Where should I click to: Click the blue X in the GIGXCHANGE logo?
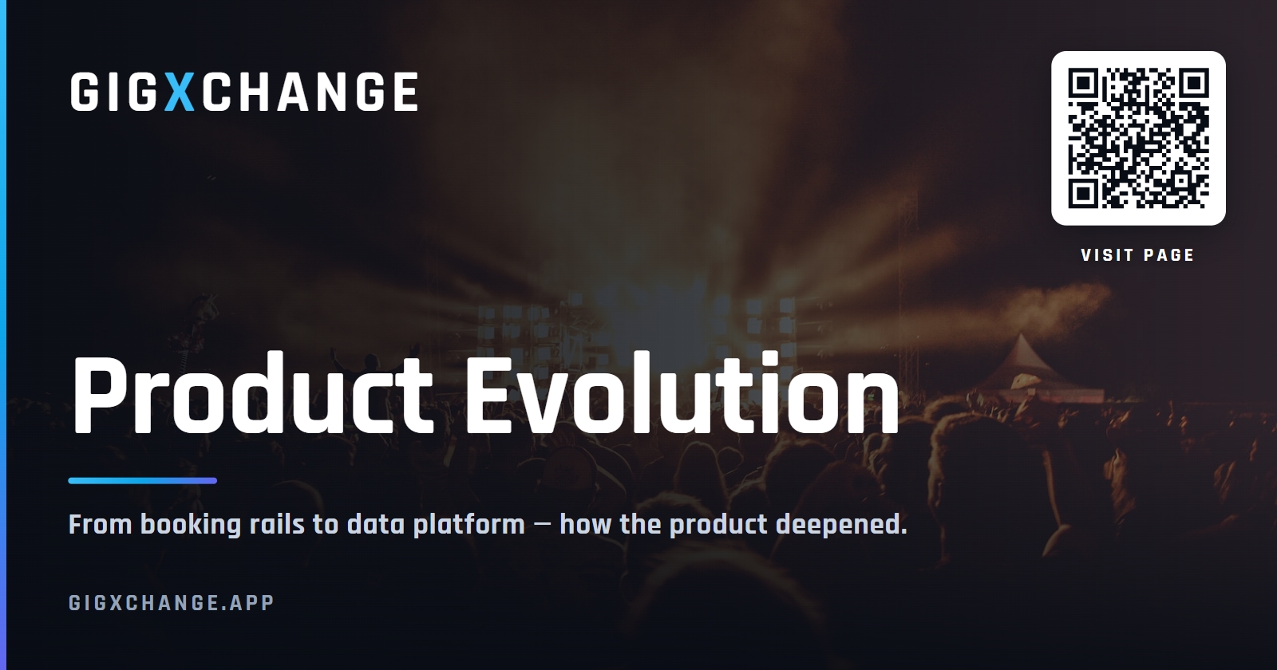(x=180, y=92)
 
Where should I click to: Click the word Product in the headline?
(x=251, y=394)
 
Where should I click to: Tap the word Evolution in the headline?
(x=682, y=394)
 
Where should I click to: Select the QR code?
(x=1138, y=138)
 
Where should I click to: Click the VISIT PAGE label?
(x=1137, y=255)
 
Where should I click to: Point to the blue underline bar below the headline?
(x=143, y=481)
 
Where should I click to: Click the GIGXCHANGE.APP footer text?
(x=172, y=603)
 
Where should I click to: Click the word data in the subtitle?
(x=376, y=524)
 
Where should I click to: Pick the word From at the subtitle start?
(x=101, y=524)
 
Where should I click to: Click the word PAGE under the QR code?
(x=1168, y=255)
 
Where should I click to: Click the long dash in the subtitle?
(x=544, y=525)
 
